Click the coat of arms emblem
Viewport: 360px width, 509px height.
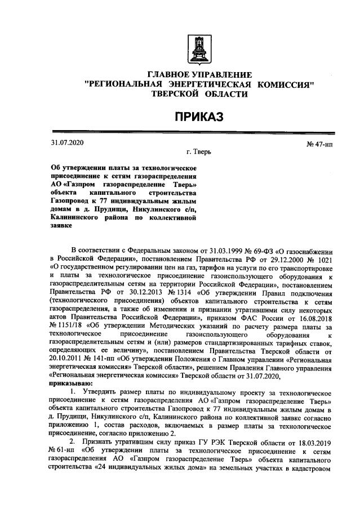198,47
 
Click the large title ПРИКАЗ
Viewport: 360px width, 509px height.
198,117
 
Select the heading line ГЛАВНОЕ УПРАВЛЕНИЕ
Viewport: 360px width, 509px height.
199,75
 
